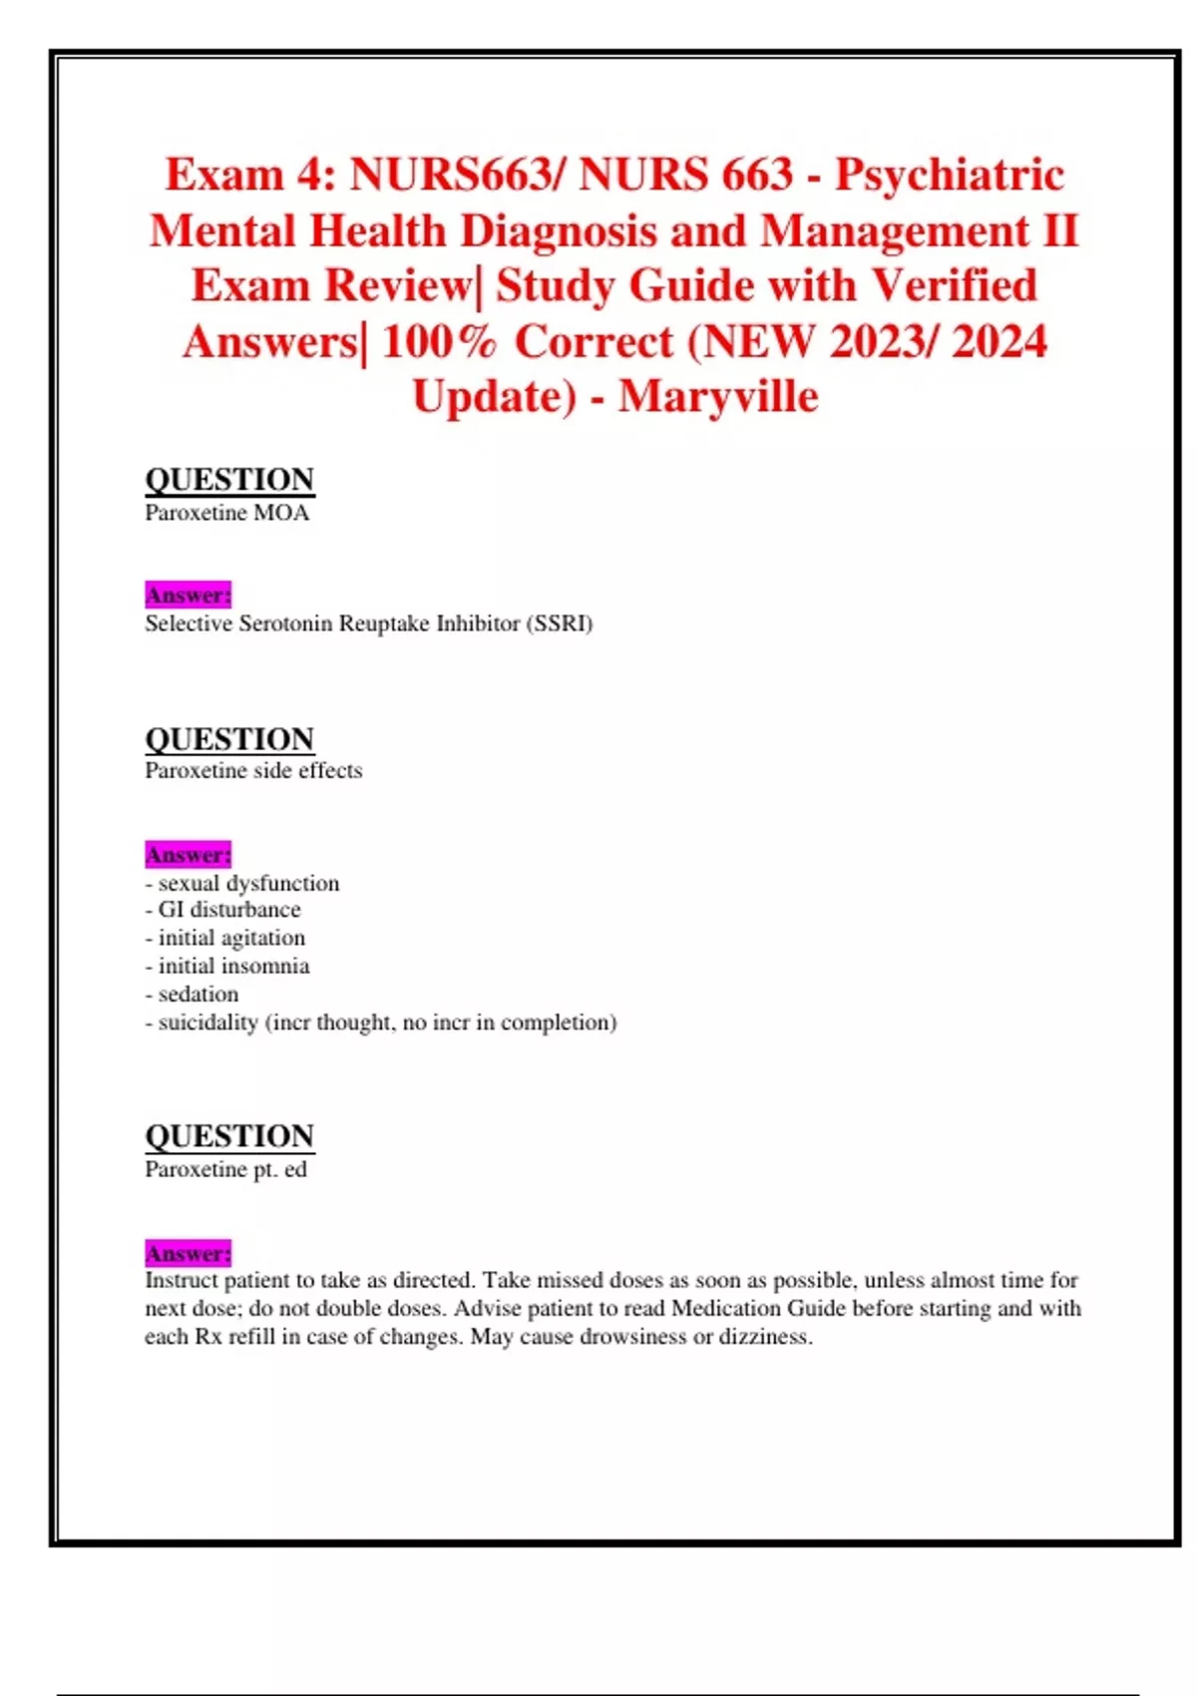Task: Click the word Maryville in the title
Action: tap(718, 397)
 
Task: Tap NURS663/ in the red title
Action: tap(456, 176)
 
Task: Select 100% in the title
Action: tap(439, 342)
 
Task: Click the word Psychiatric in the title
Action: tap(950, 176)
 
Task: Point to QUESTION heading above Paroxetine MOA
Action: tap(229, 480)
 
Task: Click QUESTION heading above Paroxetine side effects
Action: tap(229, 739)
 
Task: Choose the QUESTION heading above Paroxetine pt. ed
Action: tap(229, 1136)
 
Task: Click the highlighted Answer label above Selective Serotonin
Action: tap(188, 596)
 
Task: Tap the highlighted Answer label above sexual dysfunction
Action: tap(188, 855)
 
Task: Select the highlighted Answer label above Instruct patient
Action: tap(188, 1253)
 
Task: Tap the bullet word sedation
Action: tap(199, 994)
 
